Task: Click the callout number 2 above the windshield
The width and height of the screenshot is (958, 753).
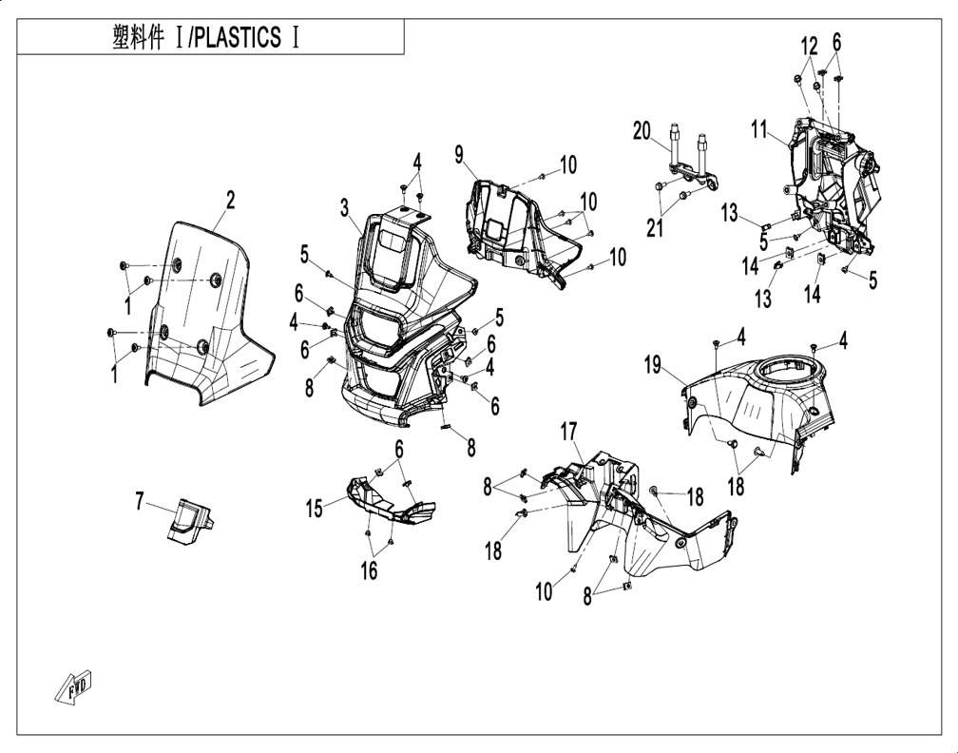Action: (x=230, y=200)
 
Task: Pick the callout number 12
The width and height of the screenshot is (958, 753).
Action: (x=809, y=45)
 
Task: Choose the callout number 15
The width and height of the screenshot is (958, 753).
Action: (x=315, y=511)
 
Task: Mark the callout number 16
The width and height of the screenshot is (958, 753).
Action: (x=368, y=570)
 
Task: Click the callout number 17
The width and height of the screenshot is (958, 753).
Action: (x=567, y=433)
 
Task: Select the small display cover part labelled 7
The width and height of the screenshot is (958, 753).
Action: (x=191, y=518)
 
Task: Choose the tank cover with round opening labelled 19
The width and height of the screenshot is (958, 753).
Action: (x=760, y=399)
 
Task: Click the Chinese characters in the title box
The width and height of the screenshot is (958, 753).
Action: (x=142, y=38)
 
